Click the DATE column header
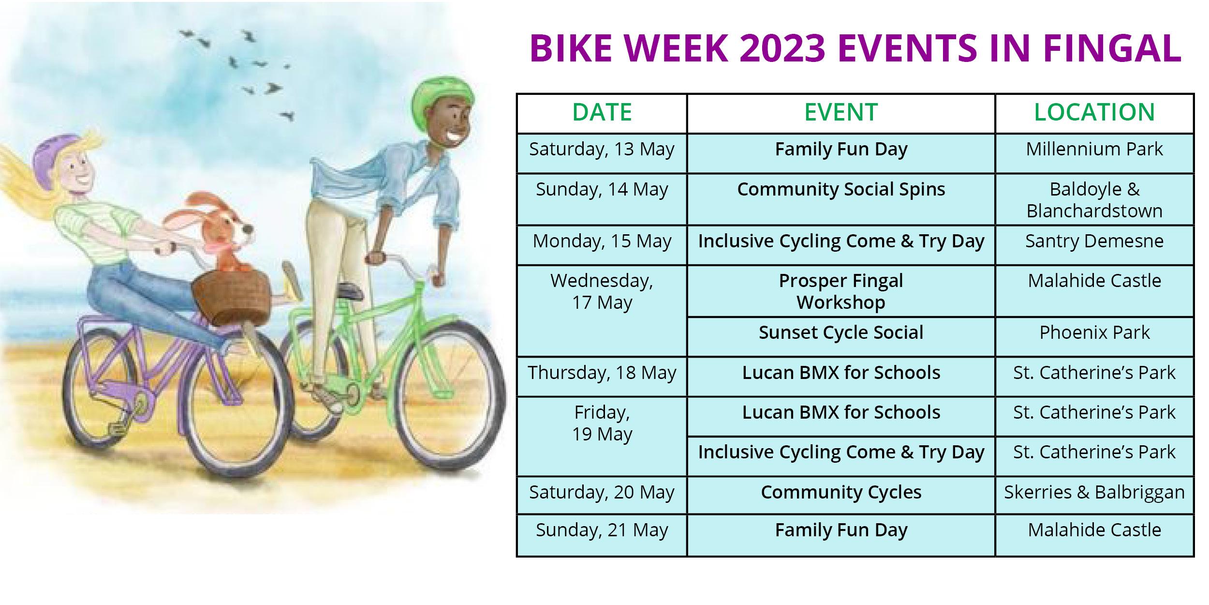click(602, 112)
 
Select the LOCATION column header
click(1094, 112)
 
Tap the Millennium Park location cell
click(1094, 150)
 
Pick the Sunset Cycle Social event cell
click(840, 333)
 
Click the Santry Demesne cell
click(1094, 241)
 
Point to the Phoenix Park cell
click(1094, 333)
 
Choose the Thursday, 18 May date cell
click(602, 373)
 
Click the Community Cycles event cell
click(840, 493)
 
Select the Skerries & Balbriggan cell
click(1094, 493)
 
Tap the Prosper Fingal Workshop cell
click(840, 291)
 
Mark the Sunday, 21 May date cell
click(602, 530)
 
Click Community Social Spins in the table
click(840, 190)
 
